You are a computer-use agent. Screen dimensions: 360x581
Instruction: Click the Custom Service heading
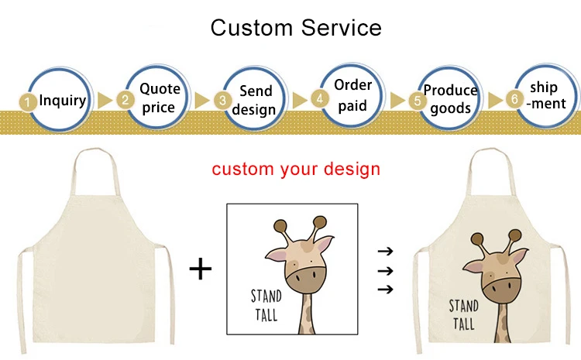click(297, 28)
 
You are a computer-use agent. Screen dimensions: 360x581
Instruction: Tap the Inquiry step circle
click(62, 100)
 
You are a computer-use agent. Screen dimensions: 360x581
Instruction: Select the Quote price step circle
click(159, 98)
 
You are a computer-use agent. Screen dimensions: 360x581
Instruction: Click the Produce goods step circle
click(450, 99)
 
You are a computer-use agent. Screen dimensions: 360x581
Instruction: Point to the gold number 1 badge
click(27, 101)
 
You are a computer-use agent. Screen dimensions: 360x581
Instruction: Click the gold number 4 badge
click(318, 99)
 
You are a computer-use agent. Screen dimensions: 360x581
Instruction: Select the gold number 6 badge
click(514, 99)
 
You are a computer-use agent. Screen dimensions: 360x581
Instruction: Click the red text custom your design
click(297, 168)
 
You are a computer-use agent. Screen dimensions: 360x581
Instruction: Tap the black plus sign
click(201, 269)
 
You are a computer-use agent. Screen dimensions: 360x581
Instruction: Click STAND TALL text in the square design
click(266, 305)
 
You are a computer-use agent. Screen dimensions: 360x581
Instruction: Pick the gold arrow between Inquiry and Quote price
click(104, 100)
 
